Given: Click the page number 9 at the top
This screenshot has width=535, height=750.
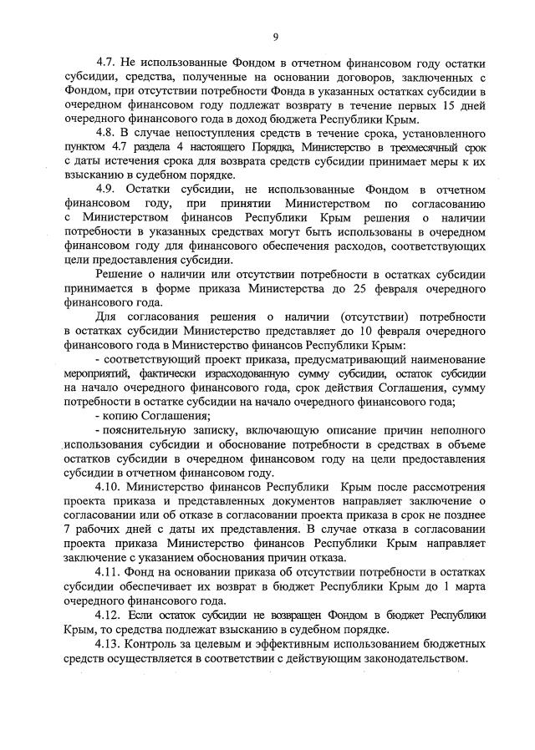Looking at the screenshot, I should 274,36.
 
